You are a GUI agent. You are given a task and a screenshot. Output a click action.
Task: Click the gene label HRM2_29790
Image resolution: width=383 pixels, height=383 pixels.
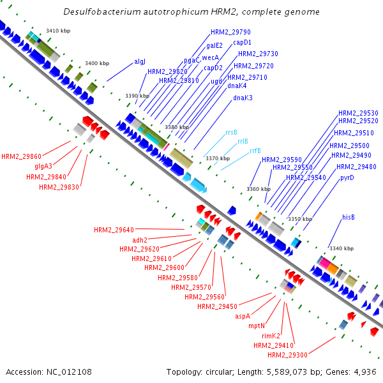[x=230, y=32]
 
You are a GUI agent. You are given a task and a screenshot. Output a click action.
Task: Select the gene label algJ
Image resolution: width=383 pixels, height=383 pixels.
[x=140, y=62]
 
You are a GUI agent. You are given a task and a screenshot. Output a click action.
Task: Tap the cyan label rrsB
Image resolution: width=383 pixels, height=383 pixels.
[x=231, y=133]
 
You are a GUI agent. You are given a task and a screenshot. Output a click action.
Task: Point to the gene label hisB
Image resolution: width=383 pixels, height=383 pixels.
[x=348, y=217]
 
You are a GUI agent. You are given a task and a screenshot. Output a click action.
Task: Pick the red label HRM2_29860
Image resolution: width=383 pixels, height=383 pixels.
[x=21, y=156]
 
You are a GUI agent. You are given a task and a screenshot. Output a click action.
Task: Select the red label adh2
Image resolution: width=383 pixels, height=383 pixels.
[x=140, y=240]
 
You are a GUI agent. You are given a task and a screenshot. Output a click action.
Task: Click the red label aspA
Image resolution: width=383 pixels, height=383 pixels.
[x=243, y=316]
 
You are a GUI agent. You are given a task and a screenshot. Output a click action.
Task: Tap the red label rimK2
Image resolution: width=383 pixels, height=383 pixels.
[x=271, y=336]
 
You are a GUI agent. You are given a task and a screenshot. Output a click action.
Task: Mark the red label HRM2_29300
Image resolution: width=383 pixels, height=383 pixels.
[x=287, y=355]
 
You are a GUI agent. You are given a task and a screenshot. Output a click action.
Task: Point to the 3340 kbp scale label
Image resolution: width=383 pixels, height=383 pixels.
[x=341, y=248]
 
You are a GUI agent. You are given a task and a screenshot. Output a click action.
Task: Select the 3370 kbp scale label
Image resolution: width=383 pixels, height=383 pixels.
[x=217, y=158]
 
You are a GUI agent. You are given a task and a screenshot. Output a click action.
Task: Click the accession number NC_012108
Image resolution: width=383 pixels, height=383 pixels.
[x=49, y=372]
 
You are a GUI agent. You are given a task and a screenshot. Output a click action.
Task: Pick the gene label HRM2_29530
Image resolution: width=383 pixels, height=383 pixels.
[x=358, y=113]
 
